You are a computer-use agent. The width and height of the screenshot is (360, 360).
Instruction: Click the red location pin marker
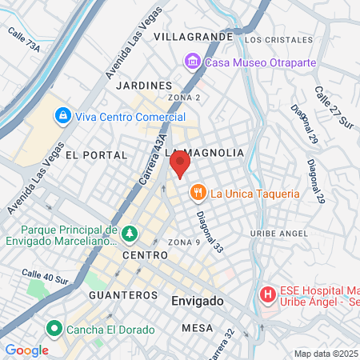[180, 166]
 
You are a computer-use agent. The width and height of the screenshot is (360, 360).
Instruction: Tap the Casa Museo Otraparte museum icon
[192, 62]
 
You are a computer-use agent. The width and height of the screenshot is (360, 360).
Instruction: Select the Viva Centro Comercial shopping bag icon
[62, 116]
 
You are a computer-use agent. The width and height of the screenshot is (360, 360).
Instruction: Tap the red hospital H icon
[267, 296]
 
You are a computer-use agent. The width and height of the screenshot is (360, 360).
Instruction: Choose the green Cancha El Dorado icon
[55, 328]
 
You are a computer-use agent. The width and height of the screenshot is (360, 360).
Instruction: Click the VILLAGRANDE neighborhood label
[193, 37]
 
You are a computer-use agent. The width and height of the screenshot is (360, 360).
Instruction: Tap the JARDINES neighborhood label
[144, 85]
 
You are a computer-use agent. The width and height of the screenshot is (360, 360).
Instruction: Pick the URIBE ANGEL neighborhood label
[278, 234]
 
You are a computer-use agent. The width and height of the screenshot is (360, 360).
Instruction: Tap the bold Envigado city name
[198, 301]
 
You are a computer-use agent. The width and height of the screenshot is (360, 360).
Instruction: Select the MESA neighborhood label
[197, 328]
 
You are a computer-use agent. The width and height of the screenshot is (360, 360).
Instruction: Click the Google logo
[26, 350]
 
